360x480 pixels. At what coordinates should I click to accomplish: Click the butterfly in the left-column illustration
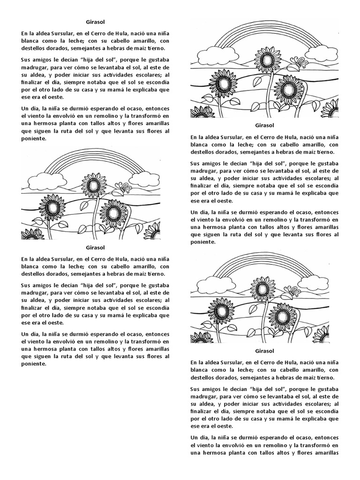pos(123,187)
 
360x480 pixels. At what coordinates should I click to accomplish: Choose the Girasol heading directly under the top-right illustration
pos(265,125)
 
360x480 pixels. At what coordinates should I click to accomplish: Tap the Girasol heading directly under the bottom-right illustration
pos(265,351)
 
